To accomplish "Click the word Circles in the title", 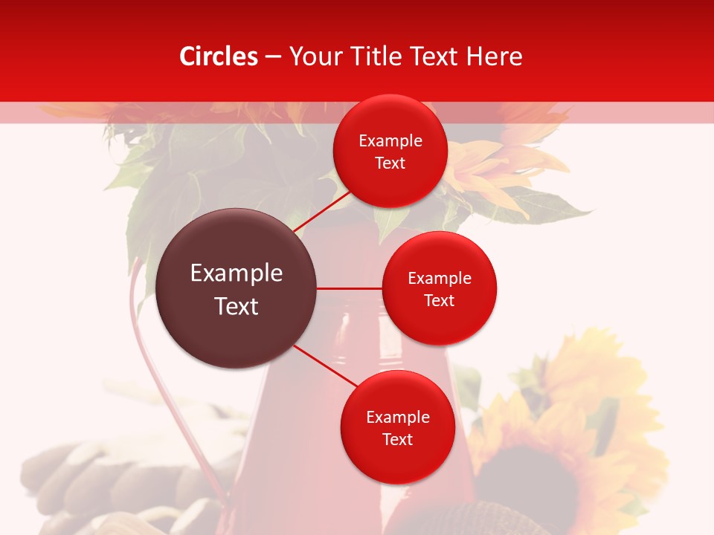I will [x=219, y=56].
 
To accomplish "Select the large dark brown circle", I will [x=237, y=288].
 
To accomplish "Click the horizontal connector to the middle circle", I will [x=350, y=288].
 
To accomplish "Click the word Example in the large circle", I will [x=237, y=273].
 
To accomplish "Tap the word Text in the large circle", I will [x=237, y=306].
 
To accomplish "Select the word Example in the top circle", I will [x=390, y=141].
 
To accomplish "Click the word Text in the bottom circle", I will [x=397, y=439].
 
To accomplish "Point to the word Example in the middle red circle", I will [x=440, y=279].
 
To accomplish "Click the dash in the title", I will [x=273, y=57].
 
